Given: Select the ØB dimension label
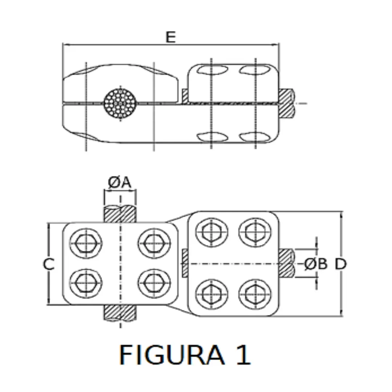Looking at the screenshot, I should [x=316, y=264].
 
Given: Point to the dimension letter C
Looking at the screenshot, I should [x=48, y=264].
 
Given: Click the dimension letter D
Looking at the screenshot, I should [x=340, y=264].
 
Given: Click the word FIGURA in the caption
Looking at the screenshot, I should [x=172, y=355].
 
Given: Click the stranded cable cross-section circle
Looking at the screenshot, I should [x=120, y=103].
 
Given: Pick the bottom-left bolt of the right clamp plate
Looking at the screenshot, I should [x=212, y=294].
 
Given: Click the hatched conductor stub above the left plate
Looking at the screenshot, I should [x=120, y=214].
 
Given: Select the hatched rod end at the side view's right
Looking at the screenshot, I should [x=287, y=103].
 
